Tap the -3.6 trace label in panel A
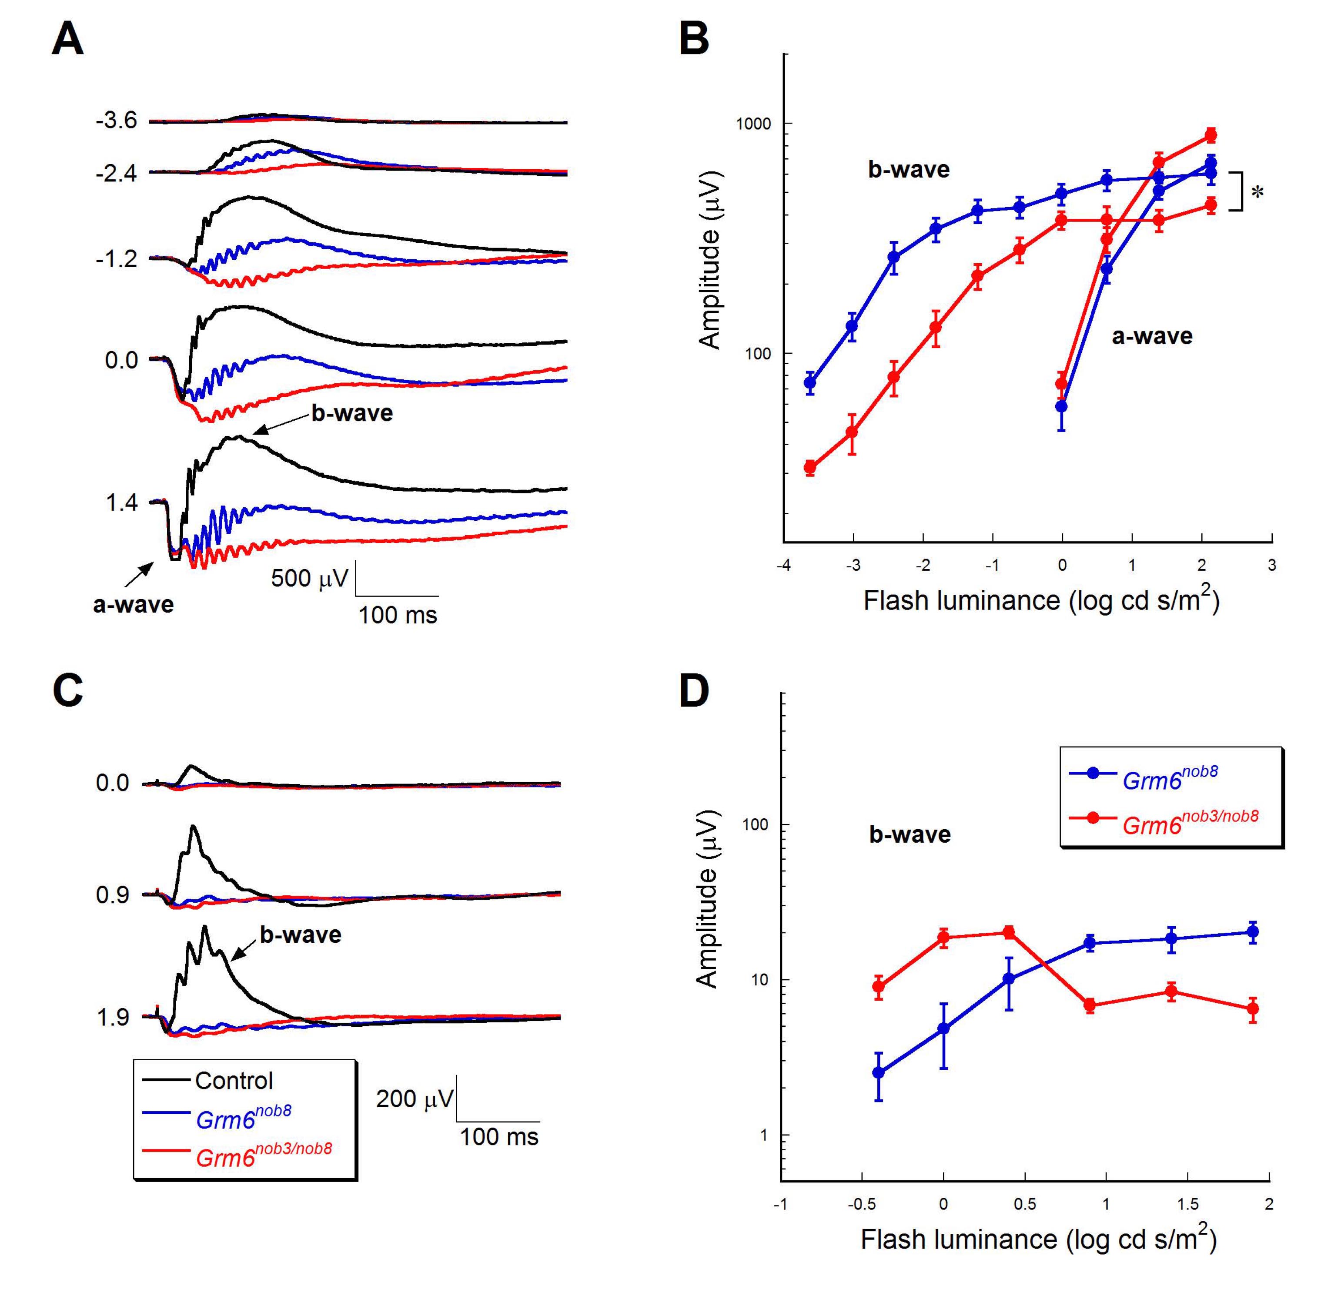116,121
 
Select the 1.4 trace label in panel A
121,503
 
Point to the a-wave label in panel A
134,604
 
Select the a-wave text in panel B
1152,336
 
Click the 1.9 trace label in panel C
113,1018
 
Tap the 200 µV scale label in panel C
414,1099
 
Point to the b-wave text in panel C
301,935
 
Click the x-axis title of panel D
1038,1240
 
